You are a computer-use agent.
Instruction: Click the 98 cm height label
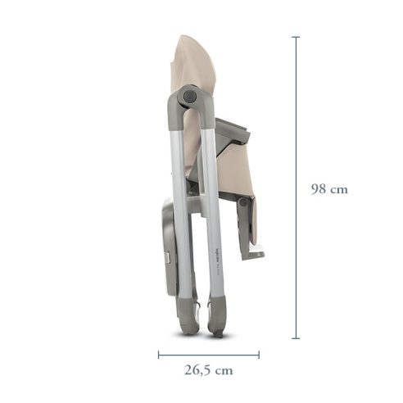coord(329,188)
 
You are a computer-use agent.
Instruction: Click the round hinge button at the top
coord(190,96)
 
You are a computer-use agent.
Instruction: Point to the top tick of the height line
coord(296,37)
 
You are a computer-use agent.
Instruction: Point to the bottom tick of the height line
coord(296,337)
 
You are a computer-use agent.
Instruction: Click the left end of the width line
coord(159,355)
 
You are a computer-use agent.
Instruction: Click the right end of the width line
coord(259,355)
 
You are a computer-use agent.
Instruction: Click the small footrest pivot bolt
coord(243,201)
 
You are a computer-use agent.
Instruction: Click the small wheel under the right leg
coord(220,332)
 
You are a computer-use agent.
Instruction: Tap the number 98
coord(319,188)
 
